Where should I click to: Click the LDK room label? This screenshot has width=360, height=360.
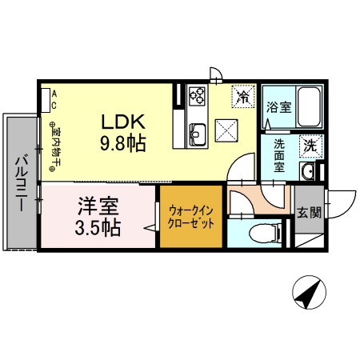[x=122, y=122]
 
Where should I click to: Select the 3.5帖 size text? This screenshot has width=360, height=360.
[x=98, y=227]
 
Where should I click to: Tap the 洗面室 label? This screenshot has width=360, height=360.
[x=280, y=150]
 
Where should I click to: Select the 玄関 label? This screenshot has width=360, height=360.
[x=309, y=212]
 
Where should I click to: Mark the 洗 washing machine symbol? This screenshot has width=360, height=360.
[x=310, y=146]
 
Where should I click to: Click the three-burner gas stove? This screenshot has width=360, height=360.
[x=197, y=97]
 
